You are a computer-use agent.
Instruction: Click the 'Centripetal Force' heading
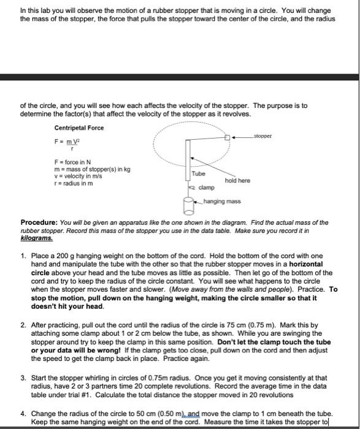79,127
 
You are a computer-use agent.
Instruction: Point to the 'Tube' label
199,173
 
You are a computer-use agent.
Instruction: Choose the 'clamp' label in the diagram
206,188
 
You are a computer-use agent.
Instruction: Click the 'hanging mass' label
222,201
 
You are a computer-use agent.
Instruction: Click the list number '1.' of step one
23,255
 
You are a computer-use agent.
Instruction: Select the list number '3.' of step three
23,378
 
